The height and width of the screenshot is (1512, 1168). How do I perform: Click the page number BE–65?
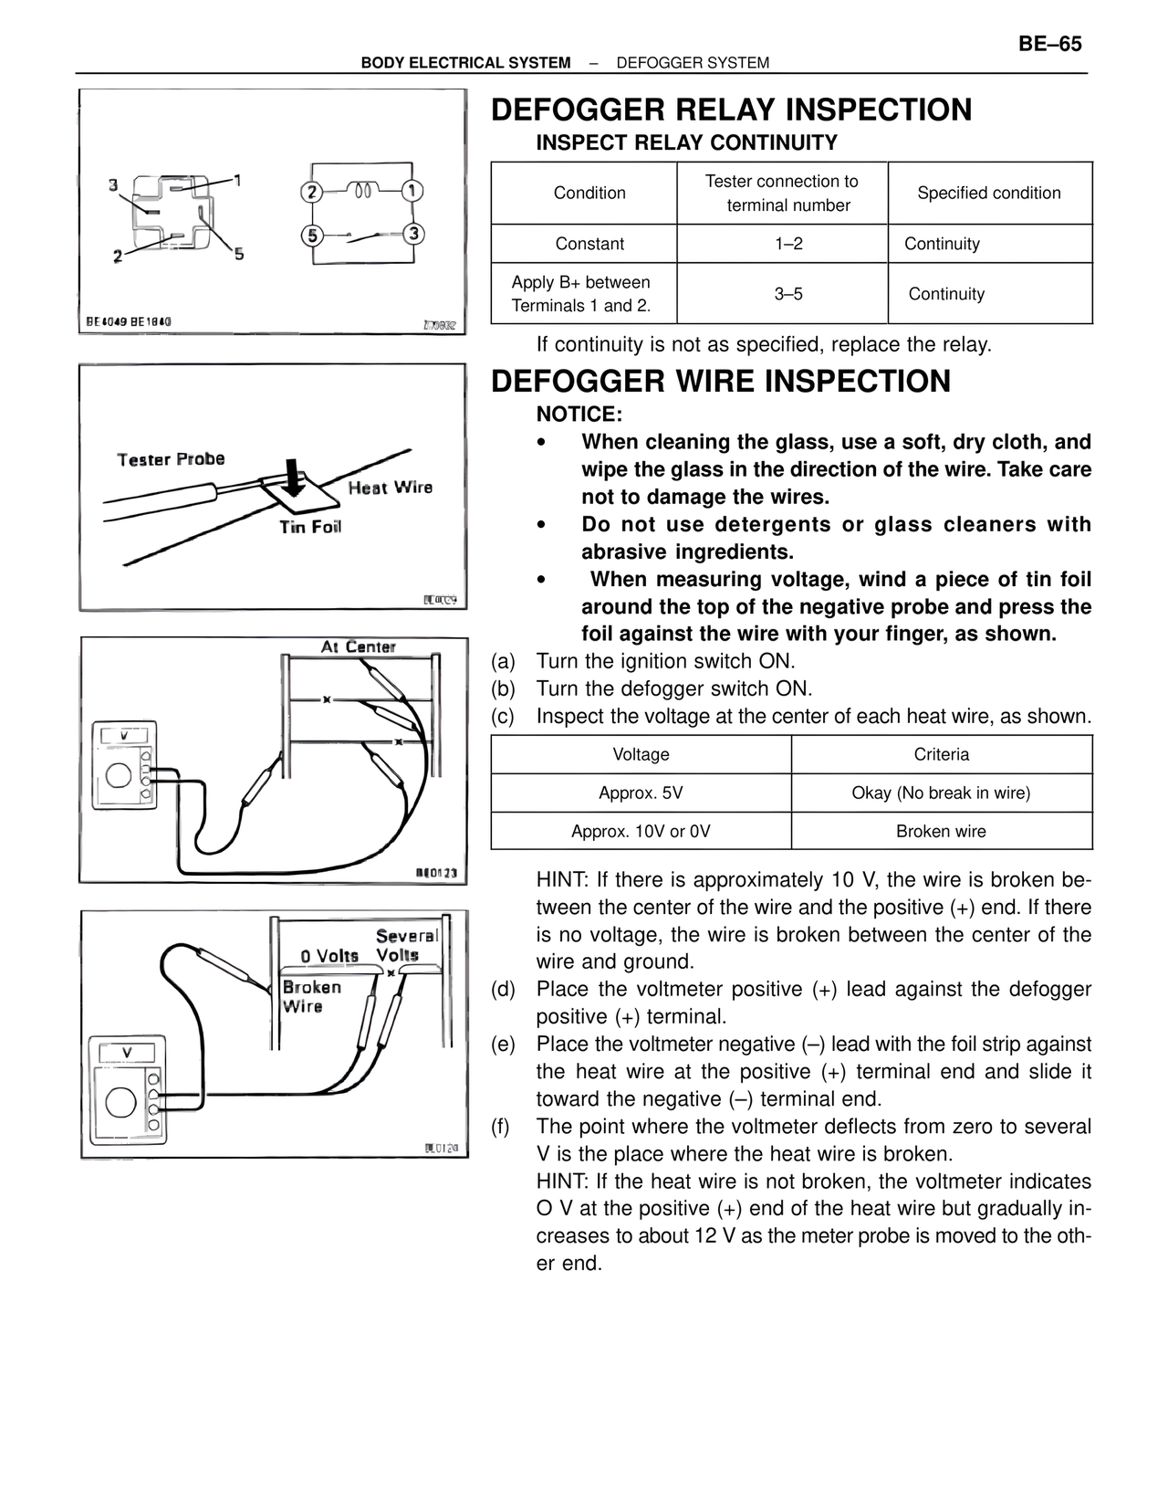[1049, 45]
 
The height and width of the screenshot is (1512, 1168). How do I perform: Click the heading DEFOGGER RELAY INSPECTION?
[731, 110]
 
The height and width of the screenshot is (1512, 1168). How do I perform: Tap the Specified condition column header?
[989, 193]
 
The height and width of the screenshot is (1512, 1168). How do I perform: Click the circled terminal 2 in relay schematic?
[312, 192]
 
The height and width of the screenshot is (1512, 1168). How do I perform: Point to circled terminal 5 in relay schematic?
[312, 236]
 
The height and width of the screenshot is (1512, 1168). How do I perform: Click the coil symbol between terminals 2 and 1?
[363, 191]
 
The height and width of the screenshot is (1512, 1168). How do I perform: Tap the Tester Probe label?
[171, 459]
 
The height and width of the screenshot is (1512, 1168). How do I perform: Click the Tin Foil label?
[310, 527]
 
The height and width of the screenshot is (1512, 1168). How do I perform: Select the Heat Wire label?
[390, 488]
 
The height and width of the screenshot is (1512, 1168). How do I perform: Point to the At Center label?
[358, 646]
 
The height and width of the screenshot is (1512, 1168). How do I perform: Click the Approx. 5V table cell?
[641, 793]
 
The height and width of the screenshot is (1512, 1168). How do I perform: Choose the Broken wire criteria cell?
[941, 831]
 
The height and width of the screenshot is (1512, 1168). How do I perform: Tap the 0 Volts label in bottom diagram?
[329, 956]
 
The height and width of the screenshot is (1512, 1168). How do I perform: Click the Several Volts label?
[405, 946]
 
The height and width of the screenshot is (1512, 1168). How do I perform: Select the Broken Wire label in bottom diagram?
[310, 996]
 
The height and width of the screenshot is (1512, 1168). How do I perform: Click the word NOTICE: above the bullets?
[579, 415]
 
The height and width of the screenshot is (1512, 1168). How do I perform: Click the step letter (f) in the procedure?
[501, 1127]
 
